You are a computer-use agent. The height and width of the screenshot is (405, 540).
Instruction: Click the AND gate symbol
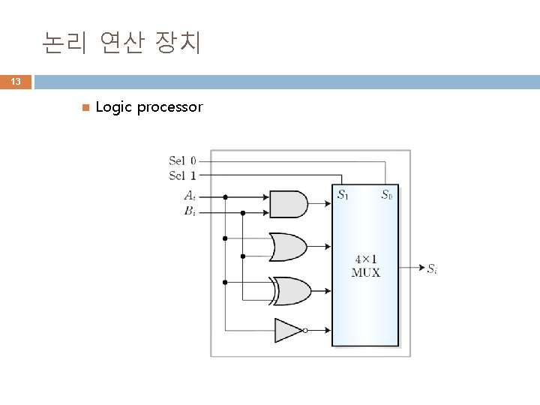click(288, 202)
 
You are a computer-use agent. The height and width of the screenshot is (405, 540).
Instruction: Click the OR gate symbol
click(288, 245)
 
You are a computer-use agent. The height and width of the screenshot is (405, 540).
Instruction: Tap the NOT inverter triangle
click(287, 330)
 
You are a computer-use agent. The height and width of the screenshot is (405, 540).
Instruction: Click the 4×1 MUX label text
click(365, 265)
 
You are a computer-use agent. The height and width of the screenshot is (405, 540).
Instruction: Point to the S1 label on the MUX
click(342, 196)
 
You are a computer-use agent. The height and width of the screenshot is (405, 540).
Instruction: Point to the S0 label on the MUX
click(386, 196)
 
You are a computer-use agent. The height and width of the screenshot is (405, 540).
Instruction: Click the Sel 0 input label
click(182, 160)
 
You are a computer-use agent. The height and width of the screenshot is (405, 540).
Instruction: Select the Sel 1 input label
click(182, 175)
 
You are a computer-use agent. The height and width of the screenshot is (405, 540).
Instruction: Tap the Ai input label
click(190, 196)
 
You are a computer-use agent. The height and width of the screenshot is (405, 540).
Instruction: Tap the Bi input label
click(190, 211)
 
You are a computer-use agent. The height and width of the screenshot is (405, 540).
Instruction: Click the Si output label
click(433, 268)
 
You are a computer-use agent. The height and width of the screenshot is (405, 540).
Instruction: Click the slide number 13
click(16, 82)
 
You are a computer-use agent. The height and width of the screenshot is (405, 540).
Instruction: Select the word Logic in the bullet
click(114, 107)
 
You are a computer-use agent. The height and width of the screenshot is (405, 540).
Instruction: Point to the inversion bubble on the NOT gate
click(305, 330)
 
